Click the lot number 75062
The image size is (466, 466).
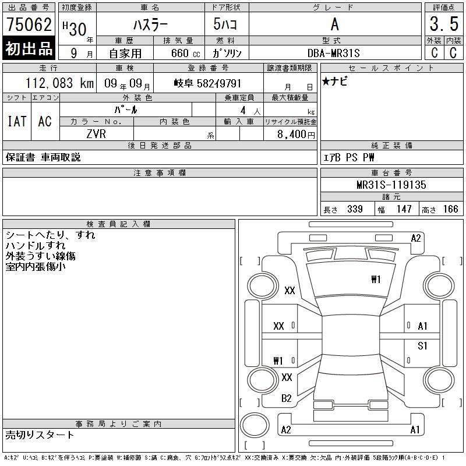(x=29, y=24)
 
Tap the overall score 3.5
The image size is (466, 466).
(x=444, y=24)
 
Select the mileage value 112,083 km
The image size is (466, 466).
(x=59, y=83)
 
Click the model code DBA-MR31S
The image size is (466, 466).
(x=333, y=53)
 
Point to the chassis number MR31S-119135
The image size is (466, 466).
(x=391, y=185)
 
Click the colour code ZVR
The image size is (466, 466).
(x=96, y=134)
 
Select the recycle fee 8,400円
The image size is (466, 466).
(x=296, y=135)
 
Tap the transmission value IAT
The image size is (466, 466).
(x=17, y=121)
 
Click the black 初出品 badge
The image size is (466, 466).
(x=29, y=48)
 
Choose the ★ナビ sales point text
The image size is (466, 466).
(x=334, y=81)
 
